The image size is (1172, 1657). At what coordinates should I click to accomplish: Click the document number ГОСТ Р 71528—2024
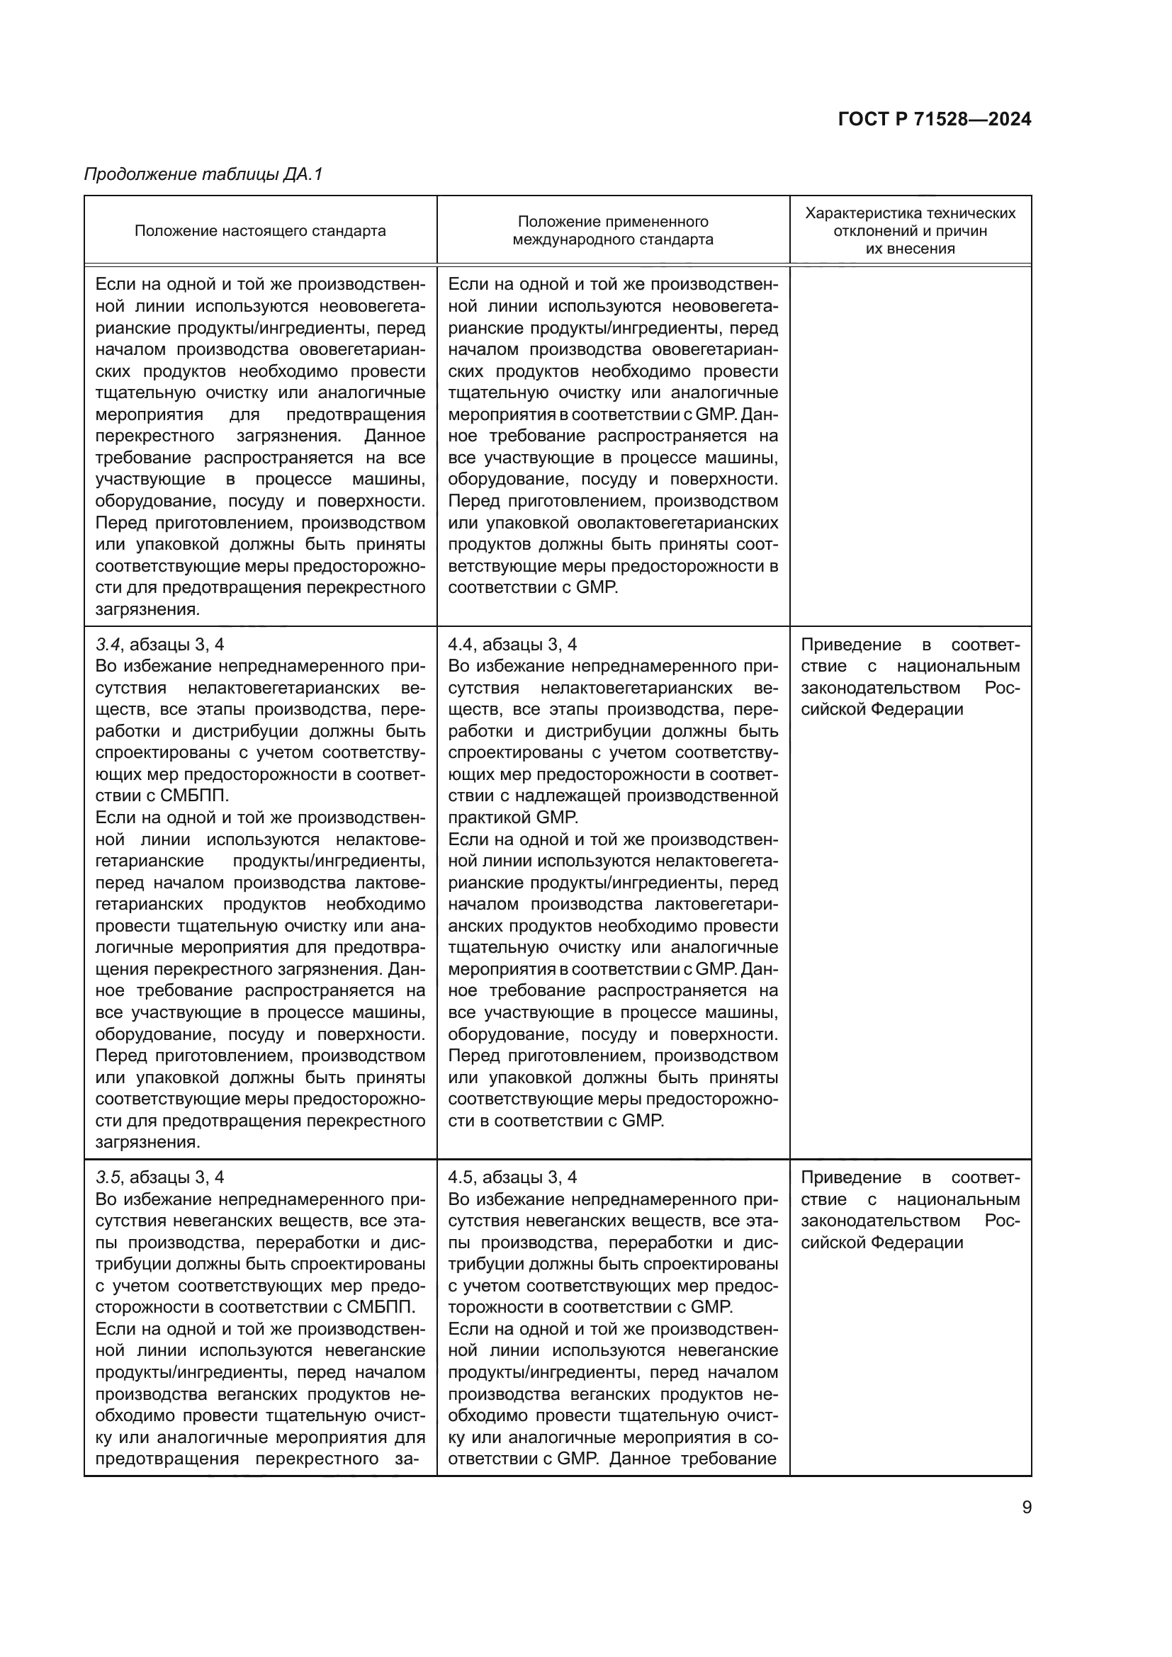click(x=934, y=119)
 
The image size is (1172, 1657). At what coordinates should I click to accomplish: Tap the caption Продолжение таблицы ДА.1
click(x=203, y=174)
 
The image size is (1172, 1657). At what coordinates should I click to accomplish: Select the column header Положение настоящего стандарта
click(x=260, y=231)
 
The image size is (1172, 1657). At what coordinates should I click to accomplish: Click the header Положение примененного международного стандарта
click(x=613, y=230)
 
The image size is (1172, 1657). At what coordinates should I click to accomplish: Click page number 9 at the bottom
click(x=1026, y=1508)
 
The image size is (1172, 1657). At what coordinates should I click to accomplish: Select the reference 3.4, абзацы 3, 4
click(x=159, y=645)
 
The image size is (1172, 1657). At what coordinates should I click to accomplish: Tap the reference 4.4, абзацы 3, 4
click(x=512, y=645)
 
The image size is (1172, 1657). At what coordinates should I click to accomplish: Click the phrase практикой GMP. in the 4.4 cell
click(x=512, y=818)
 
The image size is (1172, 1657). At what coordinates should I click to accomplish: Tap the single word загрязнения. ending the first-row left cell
click(x=147, y=609)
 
